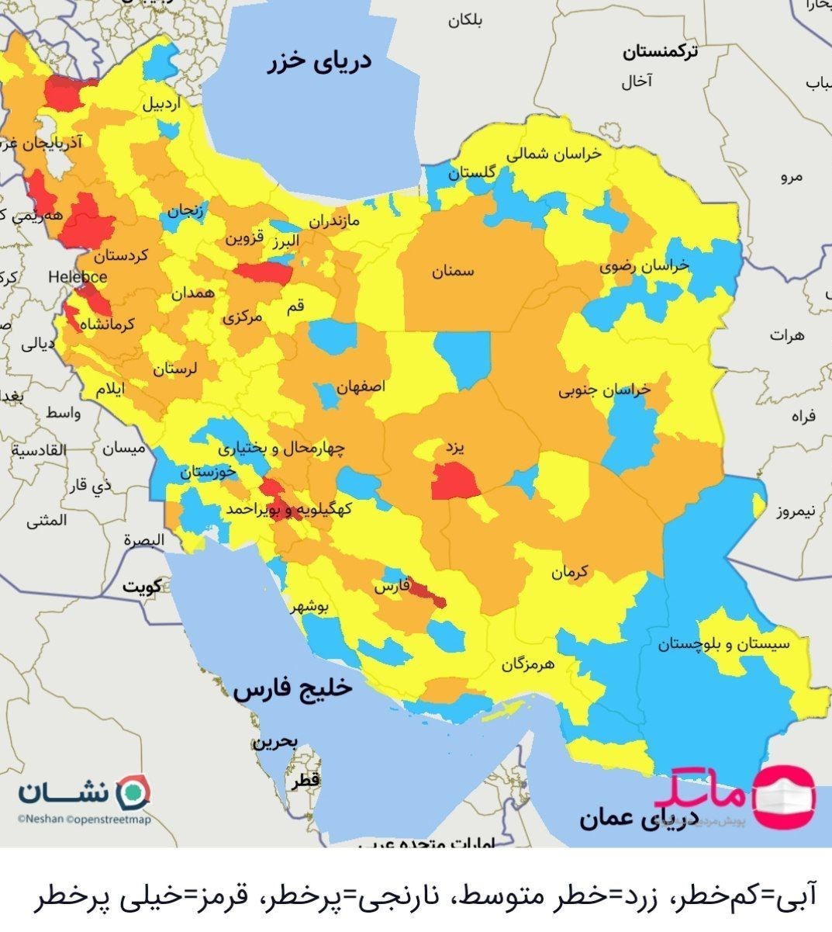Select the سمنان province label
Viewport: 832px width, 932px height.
pos(453,272)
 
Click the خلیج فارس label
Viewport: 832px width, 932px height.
pos(293,690)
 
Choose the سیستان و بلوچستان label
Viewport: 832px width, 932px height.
pos(723,644)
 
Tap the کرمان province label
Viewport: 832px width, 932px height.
pos(570,573)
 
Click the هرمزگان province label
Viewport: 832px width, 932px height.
pos(529,664)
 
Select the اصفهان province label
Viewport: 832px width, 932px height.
pos(361,386)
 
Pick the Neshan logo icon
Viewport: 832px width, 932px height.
pos(133,792)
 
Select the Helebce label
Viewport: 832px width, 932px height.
pos(77,276)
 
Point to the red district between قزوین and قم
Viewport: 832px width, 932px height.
pos(264,273)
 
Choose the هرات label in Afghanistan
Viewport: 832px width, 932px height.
pos(788,335)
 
